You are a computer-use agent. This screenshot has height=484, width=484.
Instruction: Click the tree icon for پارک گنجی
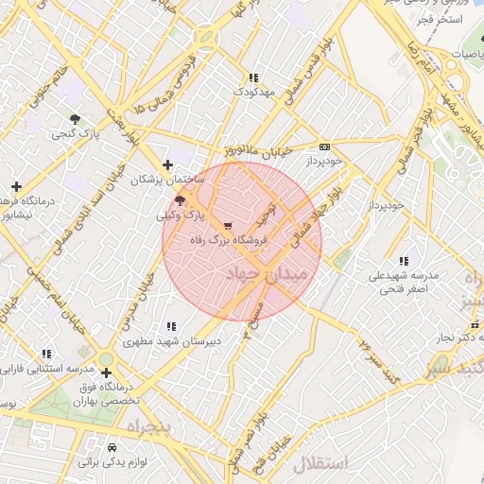(x=74, y=118)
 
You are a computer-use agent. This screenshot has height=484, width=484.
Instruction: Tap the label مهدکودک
(x=253, y=93)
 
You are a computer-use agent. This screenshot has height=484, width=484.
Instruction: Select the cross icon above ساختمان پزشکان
(x=168, y=164)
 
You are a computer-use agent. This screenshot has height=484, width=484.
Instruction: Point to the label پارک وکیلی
(x=181, y=216)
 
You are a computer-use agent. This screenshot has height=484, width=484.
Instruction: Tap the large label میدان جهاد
(x=268, y=275)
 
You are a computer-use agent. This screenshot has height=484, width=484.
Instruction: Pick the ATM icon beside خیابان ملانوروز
(x=325, y=147)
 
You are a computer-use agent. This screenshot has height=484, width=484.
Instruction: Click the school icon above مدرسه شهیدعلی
(x=404, y=260)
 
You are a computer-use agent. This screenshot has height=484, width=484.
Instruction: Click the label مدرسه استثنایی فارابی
(x=47, y=367)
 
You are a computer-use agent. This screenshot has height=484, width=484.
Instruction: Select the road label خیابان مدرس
(x=138, y=302)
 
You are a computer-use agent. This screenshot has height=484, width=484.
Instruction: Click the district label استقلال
(x=320, y=464)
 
